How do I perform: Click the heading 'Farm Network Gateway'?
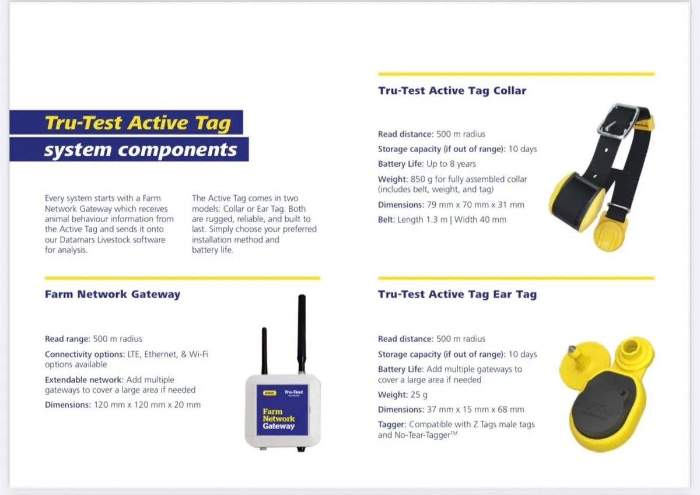(113, 294)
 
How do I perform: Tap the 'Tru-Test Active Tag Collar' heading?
(452, 90)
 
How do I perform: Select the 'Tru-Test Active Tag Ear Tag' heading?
(457, 294)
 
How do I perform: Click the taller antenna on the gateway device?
(302, 333)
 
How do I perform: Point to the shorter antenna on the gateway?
(264, 351)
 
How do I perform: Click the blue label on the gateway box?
(282, 410)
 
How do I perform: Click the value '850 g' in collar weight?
(420, 179)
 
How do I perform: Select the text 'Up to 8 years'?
(451, 164)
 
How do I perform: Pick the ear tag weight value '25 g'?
(419, 395)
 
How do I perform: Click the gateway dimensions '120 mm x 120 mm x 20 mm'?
(147, 405)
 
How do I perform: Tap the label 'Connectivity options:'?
(85, 354)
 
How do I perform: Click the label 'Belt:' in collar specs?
(387, 220)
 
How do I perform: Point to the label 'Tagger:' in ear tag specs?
(392, 424)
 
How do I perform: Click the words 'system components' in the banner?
(141, 150)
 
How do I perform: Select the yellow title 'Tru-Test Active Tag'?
(138, 122)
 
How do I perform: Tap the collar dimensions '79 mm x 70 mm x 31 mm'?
(475, 205)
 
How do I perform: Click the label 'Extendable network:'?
(84, 380)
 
